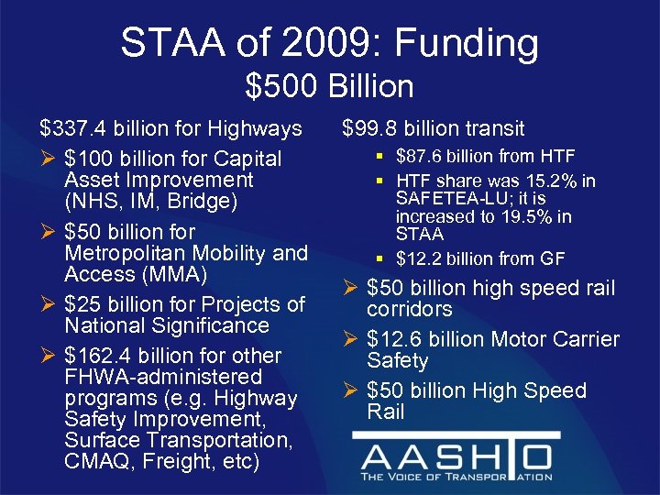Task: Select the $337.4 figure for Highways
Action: pyautogui.click(x=70, y=129)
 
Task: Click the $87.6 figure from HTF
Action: pyautogui.click(x=423, y=157)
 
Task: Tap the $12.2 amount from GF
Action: pyautogui.click(x=423, y=259)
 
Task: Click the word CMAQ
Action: pyautogui.click(x=96, y=462)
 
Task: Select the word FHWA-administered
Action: pyautogui.click(x=163, y=377)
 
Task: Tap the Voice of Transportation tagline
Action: pyautogui.click(x=456, y=477)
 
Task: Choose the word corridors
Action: pyautogui.click(x=410, y=310)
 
